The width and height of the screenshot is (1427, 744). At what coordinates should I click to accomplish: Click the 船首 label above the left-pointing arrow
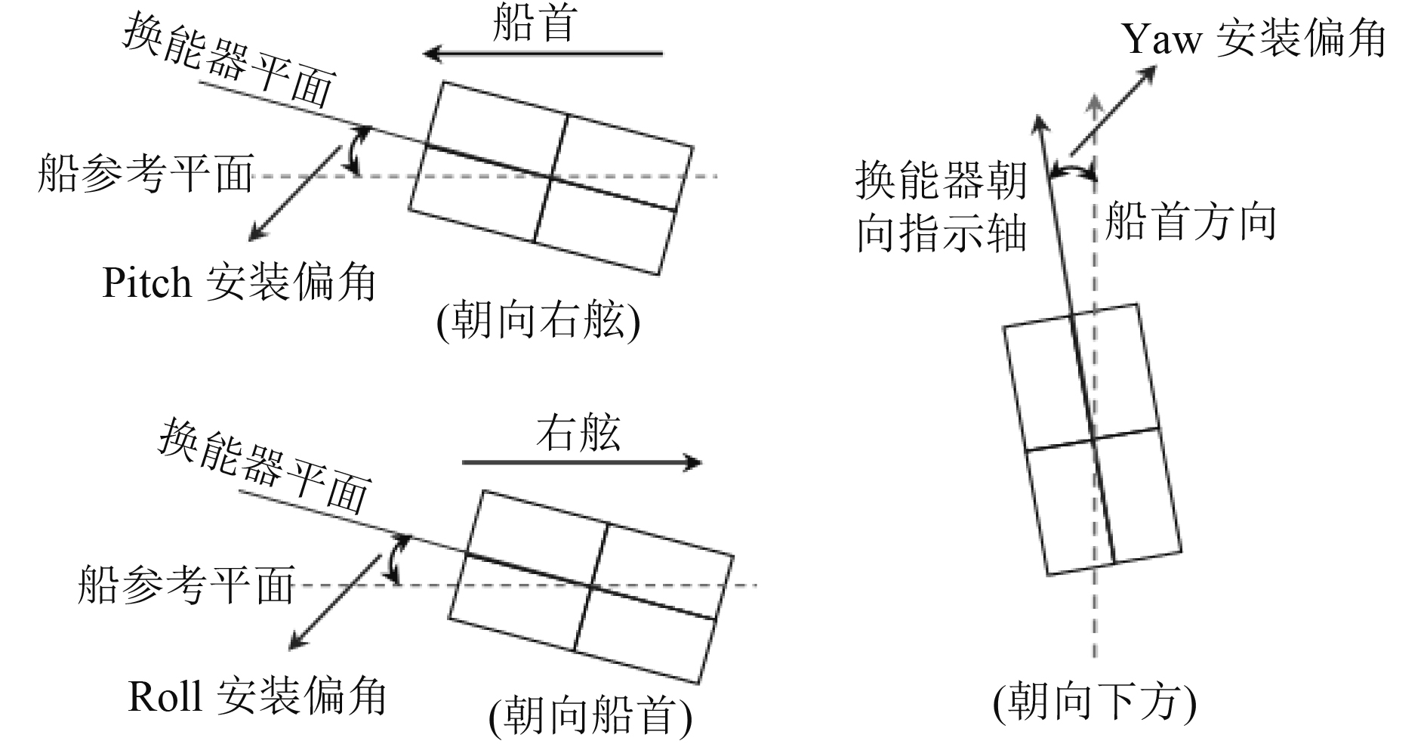tap(535, 23)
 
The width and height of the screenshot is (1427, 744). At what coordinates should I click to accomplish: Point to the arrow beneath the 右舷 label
tap(581, 462)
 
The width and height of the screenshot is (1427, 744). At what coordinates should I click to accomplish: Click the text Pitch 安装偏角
tap(239, 283)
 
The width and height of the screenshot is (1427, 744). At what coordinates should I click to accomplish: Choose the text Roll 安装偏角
tap(257, 696)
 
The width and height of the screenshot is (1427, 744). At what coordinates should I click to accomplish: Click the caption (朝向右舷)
tap(538, 323)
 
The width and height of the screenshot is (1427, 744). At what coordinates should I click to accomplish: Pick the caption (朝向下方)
tap(1094, 701)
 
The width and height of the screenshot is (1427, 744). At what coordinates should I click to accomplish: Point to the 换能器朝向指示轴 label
tap(941, 207)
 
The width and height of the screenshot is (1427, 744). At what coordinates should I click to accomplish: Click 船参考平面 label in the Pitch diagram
tap(145, 174)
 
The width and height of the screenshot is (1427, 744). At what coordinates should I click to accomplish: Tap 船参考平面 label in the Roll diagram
tap(186, 584)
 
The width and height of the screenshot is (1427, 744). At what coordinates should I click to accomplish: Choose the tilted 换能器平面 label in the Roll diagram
tap(264, 466)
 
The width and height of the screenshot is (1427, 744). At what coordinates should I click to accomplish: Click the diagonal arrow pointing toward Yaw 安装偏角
tap(1112, 111)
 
